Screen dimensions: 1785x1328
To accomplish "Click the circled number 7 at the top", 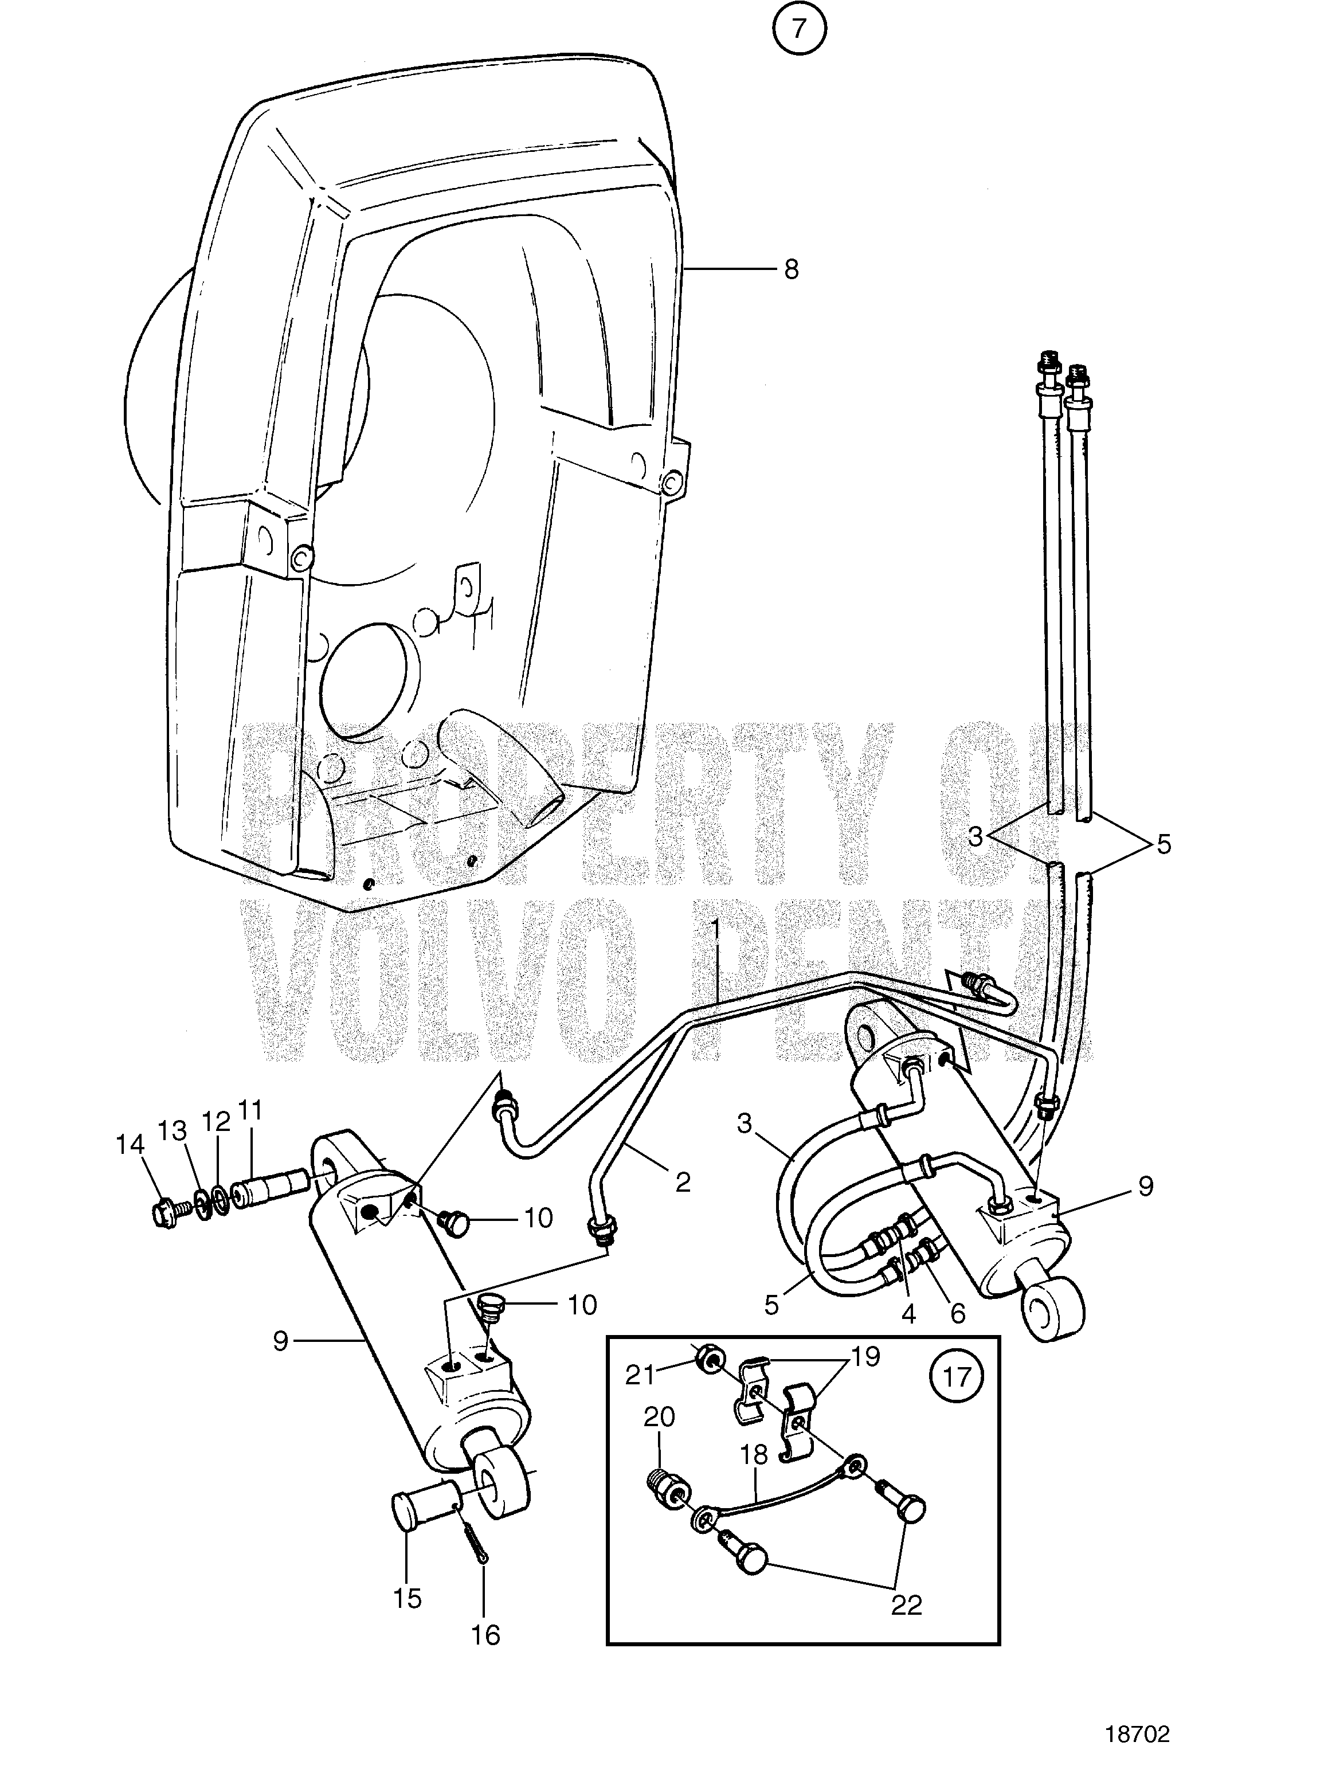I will tap(798, 29).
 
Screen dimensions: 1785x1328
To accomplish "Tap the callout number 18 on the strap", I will tap(755, 1454).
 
